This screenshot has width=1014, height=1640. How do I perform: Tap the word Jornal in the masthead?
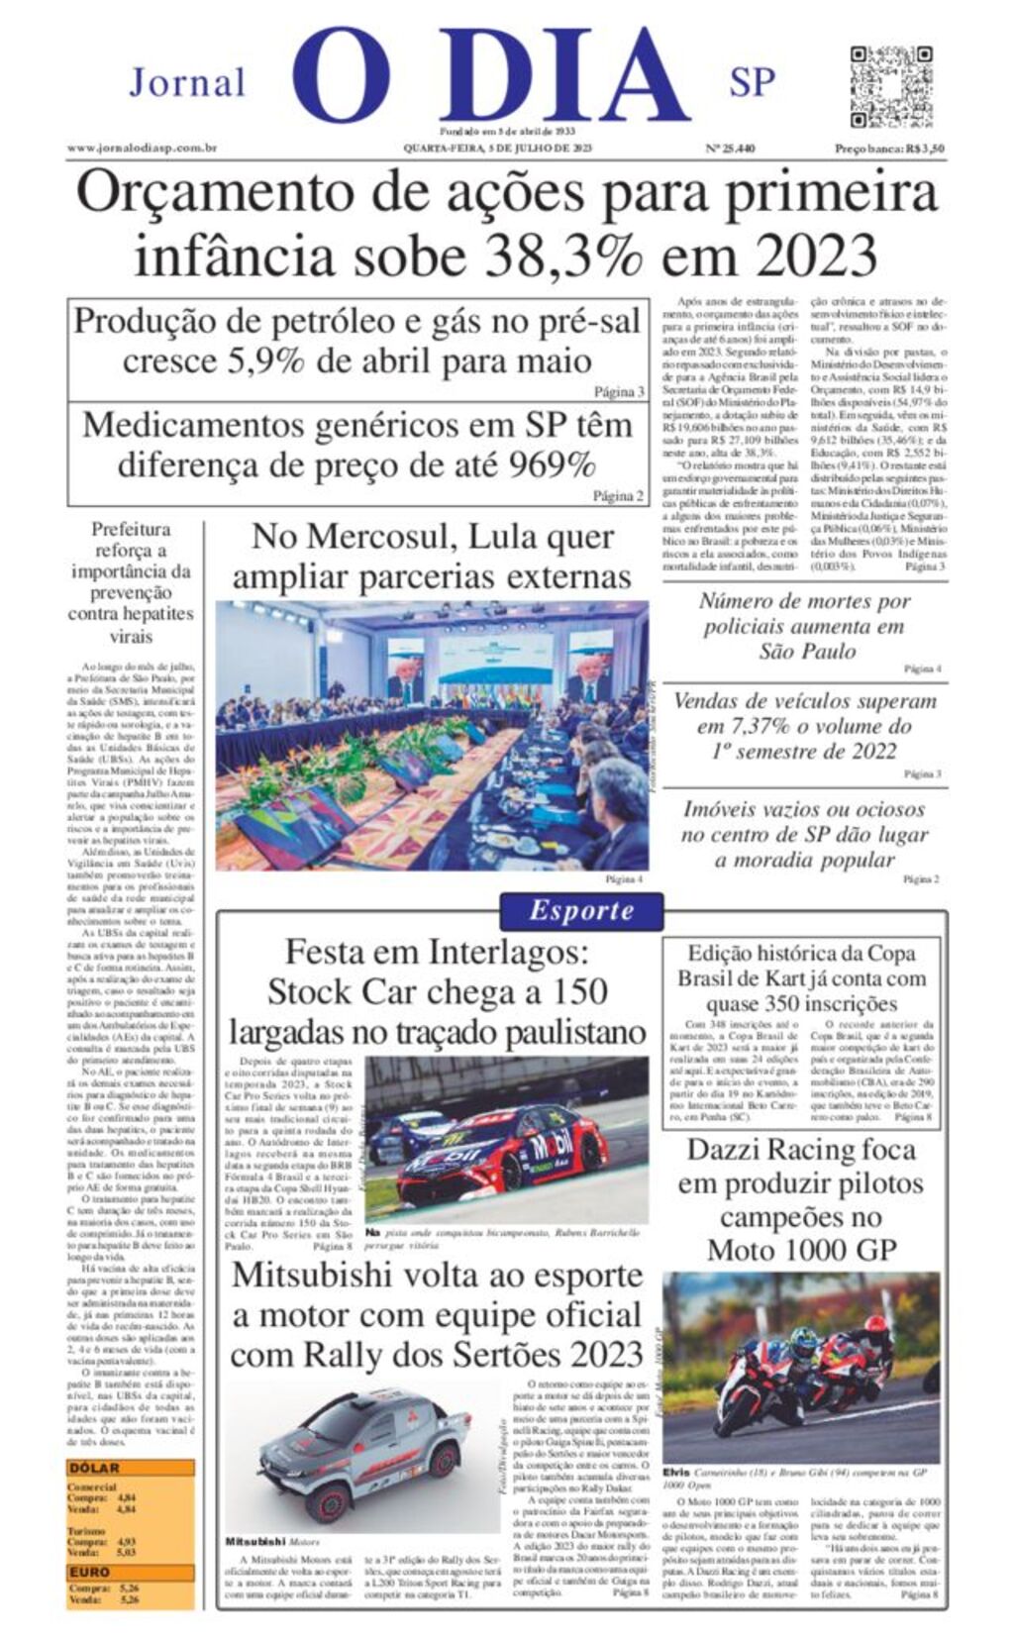(x=187, y=82)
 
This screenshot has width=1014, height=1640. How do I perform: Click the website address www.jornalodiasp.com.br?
(x=142, y=149)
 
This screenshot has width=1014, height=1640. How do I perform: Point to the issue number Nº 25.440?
(x=730, y=149)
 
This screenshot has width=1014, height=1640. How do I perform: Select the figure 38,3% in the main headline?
(x=562, y=255)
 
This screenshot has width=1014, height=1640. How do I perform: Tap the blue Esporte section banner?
(x=581, y=911)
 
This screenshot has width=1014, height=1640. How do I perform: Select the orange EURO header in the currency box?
(x=90, y=1572)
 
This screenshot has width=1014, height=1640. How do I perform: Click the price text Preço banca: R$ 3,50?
(x=888, y=149)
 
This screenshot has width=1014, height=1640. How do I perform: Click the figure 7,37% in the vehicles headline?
(x=740, y=726)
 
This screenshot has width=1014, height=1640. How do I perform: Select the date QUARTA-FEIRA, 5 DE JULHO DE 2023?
(x=497, y=149)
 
